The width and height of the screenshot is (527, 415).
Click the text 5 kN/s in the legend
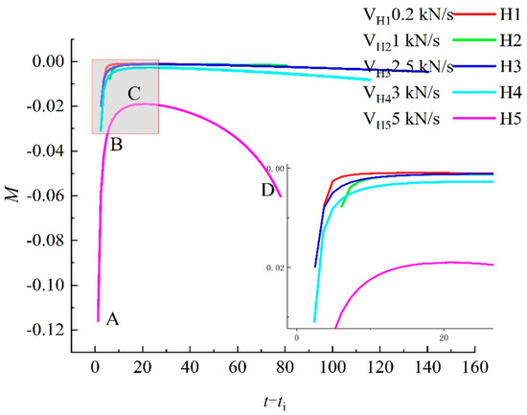[x=416, y=120]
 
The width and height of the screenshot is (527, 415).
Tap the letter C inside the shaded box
[x=134, y=93]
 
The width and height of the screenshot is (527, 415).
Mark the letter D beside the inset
[x=267, y=189]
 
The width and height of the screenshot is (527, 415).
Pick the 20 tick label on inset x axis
[x=445, y=339]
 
